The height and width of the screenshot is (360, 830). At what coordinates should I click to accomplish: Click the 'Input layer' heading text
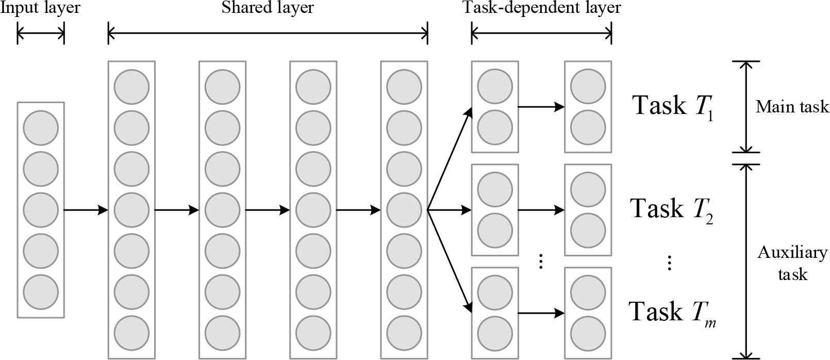pos(40,8)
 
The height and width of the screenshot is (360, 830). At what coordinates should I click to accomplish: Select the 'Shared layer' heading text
pos(267,8)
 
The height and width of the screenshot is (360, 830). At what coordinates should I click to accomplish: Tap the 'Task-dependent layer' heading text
pos(541,8)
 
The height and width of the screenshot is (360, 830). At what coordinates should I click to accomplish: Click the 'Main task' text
pos(792,107)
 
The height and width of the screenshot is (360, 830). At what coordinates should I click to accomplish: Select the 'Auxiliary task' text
pos(792,263)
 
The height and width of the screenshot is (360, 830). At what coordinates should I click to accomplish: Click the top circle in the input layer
pos(41,127)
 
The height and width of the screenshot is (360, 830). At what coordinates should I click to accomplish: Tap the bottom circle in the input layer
pos(41,292)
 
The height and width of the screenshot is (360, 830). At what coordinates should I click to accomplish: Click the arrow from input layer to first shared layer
pos(86,210)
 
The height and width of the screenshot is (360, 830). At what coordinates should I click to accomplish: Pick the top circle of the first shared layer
pos(131,86)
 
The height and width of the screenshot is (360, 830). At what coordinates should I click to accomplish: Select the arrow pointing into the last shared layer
pos(358,210)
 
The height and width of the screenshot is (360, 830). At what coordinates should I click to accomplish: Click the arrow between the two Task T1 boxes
pos(541,107)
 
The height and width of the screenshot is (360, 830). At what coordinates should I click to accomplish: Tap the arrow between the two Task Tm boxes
pos(541,313)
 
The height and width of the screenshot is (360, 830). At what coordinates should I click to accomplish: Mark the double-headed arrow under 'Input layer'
pos(41,34)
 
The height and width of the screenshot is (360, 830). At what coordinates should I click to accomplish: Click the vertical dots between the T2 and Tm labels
pos(669,263)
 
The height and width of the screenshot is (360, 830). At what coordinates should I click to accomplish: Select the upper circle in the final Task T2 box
pos(588,189)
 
